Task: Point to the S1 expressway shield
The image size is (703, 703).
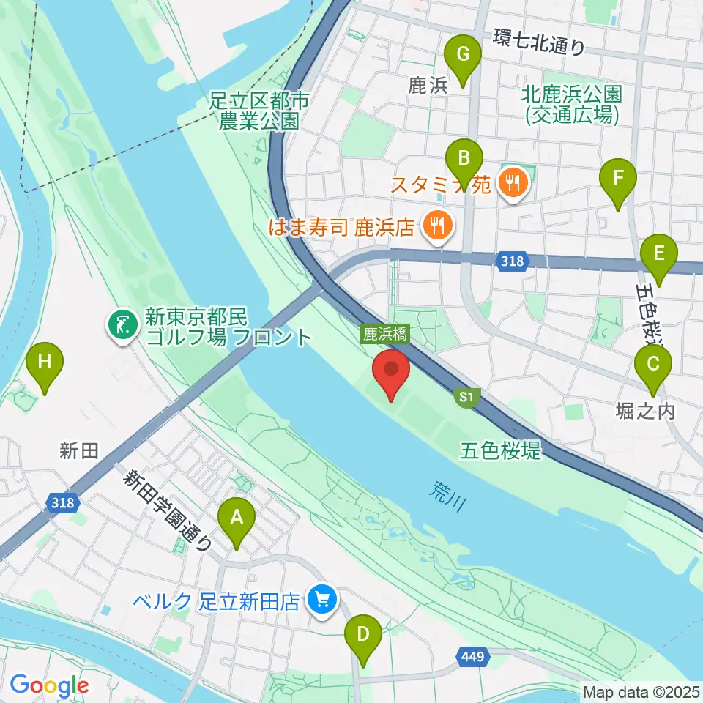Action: [x=464, y=398]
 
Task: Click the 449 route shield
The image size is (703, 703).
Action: [x=473, y=658]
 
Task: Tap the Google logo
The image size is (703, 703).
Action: [x=49, y=685]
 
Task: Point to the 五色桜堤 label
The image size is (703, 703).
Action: [x=502, y=450]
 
